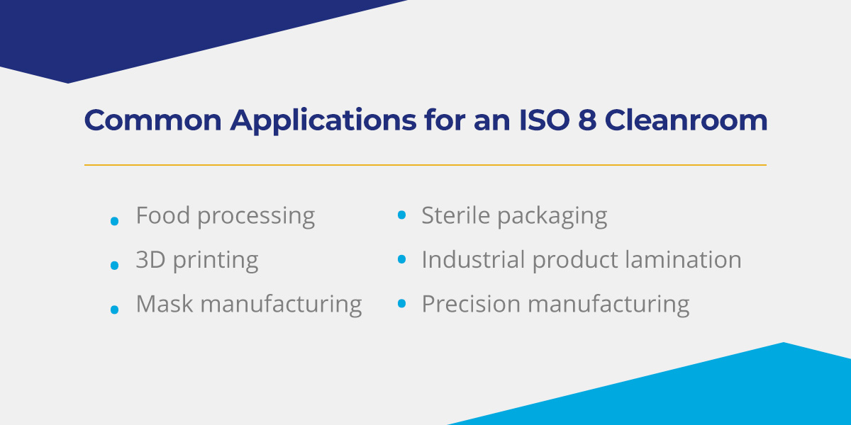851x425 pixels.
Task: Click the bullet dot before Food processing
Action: tap(114, 222)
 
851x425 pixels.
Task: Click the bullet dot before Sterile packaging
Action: tap(401, 215)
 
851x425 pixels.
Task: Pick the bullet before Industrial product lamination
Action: tap(401, 259)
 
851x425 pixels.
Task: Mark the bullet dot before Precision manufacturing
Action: tap(401, 304)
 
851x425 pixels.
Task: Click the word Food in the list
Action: tap(163, 215)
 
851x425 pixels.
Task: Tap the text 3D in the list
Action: tap(150, 260)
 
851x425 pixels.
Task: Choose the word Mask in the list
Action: tap(164, 304)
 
